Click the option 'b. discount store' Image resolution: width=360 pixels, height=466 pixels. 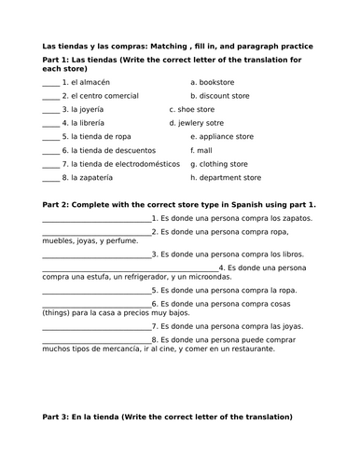[226, 95]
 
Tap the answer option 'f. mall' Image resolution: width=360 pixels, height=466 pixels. [201, 150]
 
